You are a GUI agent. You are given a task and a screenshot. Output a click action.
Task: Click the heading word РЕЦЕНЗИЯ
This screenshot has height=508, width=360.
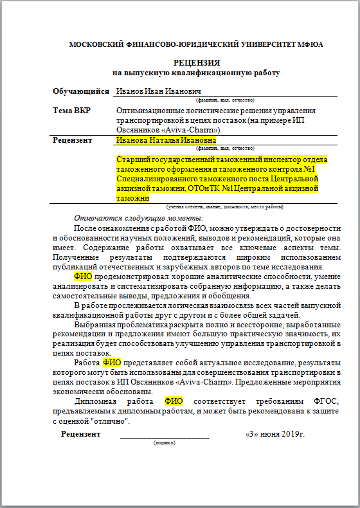pos(197,63)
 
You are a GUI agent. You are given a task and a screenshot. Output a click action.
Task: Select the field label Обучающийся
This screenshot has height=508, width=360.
pos(81,92)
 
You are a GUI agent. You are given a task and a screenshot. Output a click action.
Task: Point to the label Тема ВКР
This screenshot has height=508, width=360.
pos(71,111)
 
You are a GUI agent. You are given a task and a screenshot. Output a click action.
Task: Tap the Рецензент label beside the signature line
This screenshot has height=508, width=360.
pos(80,434)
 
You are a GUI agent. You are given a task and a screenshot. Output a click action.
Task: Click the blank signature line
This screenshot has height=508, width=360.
pos(165,435)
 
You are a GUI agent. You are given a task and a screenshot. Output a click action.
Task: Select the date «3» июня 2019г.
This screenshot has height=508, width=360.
pos(275,434)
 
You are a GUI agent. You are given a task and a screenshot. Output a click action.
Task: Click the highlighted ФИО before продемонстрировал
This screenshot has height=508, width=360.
pos(84,277)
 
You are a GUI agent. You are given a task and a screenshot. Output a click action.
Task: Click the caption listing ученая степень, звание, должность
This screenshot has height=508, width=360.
pos(225,207)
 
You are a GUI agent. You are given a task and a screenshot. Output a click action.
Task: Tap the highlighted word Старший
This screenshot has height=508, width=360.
pos(133,159)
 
